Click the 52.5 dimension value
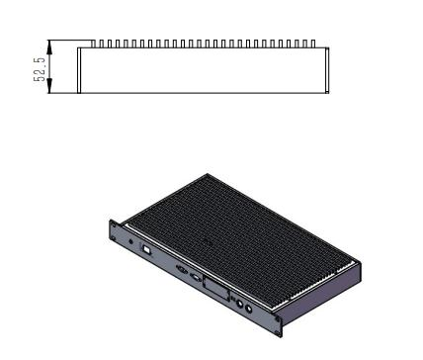(40, 69)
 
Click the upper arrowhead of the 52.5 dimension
(49, 47)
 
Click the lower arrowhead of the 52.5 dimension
(49, 86)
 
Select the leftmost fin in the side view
(93, 44)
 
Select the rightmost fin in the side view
(313, 44)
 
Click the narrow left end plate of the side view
(79, 70)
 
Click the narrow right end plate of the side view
(327, 70)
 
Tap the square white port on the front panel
(146, 249)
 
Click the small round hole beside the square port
(131, 241)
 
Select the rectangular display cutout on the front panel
(216, 289)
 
